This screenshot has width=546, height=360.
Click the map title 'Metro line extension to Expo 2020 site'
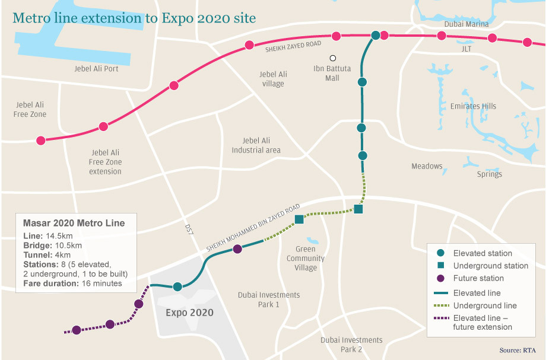click(134, 18)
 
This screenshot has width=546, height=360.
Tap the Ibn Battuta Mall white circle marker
click(333, 58)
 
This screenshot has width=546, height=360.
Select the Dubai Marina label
click(466, 24)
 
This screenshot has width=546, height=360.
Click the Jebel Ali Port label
click(96, 69)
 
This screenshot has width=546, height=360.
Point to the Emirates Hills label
click(473, 106)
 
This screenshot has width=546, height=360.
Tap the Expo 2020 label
click(189, 313)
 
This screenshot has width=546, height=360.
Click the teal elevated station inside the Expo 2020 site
click(177, 287)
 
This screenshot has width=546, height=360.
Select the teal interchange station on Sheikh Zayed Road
click(375, 36)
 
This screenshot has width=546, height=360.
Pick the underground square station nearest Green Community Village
click(299, 219)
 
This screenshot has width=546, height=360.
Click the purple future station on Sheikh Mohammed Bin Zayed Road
click(237, 249)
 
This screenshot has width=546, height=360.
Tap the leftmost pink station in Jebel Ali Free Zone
click(40, 141)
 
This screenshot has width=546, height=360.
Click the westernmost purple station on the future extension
click(77, 330)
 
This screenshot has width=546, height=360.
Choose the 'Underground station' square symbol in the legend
click(440, 266)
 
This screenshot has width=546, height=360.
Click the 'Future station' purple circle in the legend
click(440, 278)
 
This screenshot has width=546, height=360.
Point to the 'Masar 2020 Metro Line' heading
click(74, 224)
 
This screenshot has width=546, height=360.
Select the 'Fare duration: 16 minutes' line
click(72, 283)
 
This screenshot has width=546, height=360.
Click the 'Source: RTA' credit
click(517, 351)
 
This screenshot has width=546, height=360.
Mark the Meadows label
click(427, 166)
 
